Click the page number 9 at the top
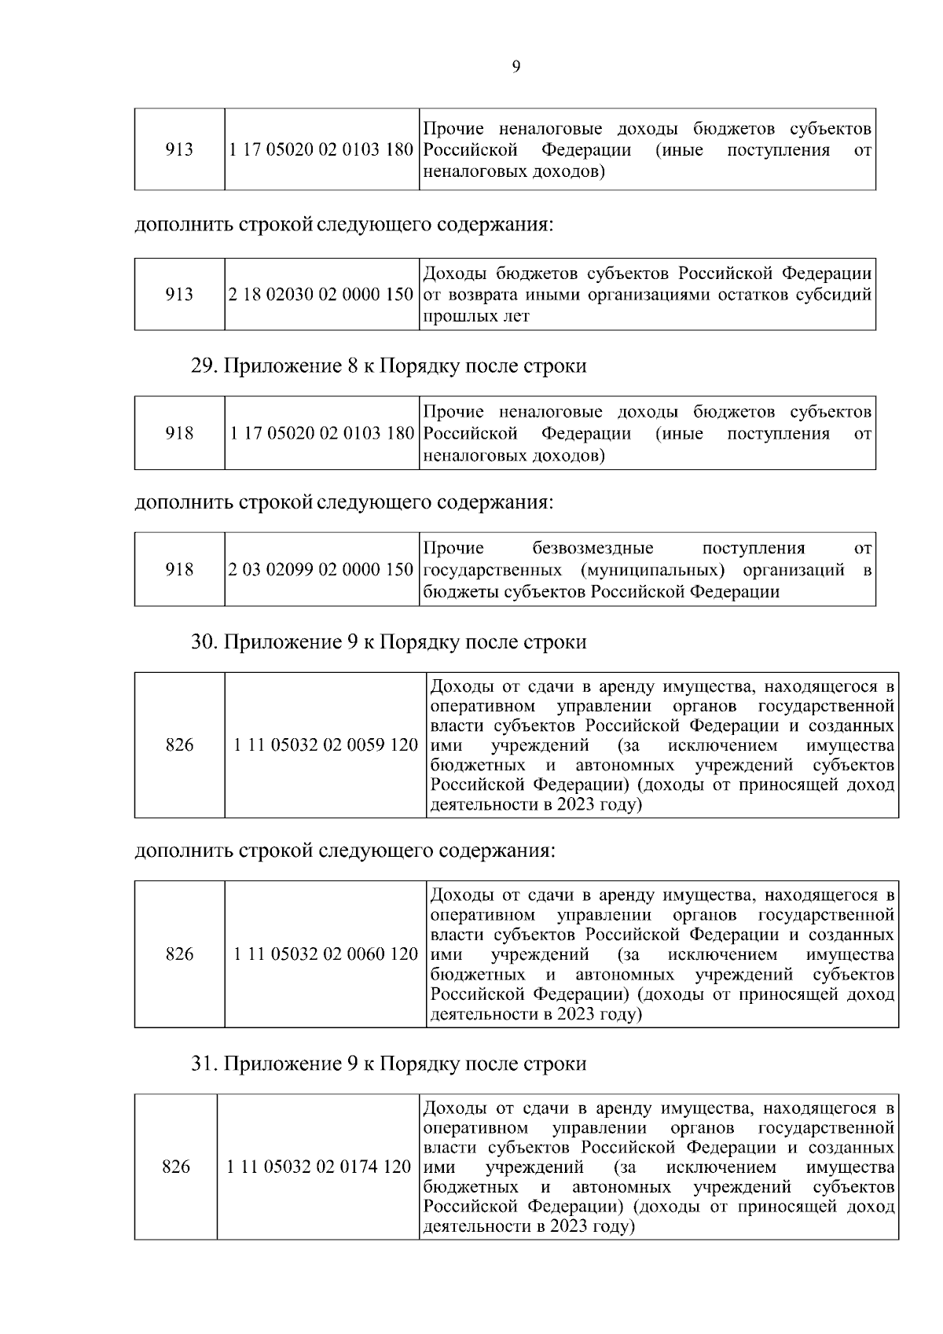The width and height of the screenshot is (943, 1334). (516, 67)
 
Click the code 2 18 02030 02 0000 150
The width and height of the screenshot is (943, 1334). (321, 295)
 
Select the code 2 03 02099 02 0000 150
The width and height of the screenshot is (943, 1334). (321, 569)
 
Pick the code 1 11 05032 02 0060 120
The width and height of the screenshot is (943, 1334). (326, 954)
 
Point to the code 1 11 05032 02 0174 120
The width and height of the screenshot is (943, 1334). (319, 1167)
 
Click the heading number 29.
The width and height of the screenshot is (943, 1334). (203, 366)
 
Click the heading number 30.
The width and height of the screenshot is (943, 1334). (203, 642)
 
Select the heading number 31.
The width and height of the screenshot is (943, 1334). (203, 1064)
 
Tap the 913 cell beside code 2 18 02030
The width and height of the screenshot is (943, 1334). (180, 295)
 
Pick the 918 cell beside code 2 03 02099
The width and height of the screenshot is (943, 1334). (180, 569)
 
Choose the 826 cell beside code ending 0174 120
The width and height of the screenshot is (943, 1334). (176, 1167)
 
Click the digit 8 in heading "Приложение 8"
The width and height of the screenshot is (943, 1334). (352, 366)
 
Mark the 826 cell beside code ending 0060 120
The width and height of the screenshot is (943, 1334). (180, 954)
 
